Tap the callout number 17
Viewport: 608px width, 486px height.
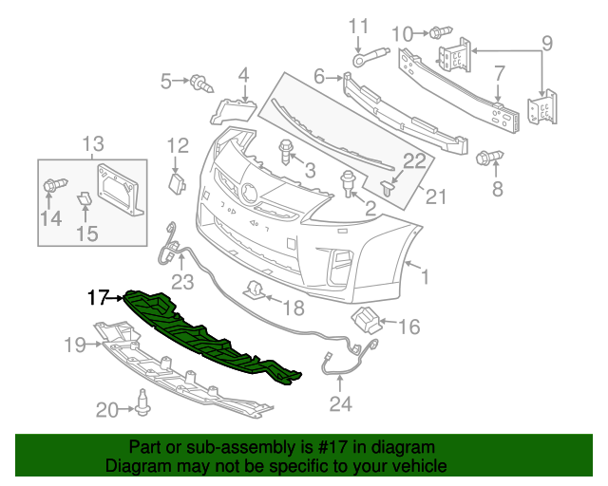coord(99,298)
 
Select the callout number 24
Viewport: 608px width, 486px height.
coord(340,405)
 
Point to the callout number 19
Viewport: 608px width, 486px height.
coord(76,345)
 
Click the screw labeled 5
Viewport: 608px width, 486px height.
coord(200,84)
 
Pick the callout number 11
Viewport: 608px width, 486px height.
coord(358,25)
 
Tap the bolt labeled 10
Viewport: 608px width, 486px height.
coord(440,32)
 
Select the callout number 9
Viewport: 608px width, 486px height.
coord(546,43)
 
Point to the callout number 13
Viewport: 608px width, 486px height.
coord(92,144)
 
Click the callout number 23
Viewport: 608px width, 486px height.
coord(181,281)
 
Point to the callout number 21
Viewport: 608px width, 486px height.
coord(434,196)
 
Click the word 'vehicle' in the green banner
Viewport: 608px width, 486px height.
coord(410,467)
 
